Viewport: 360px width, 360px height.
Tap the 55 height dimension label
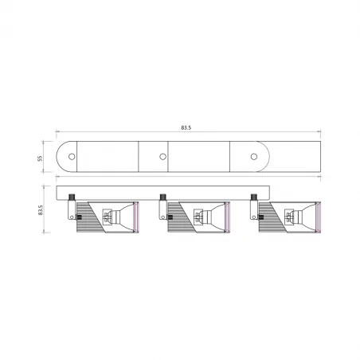coord(39,157)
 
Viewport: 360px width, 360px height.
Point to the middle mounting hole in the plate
coord(162,157)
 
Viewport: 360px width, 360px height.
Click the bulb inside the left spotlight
coord(117,215)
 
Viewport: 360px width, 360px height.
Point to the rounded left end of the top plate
coord(61,157)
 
